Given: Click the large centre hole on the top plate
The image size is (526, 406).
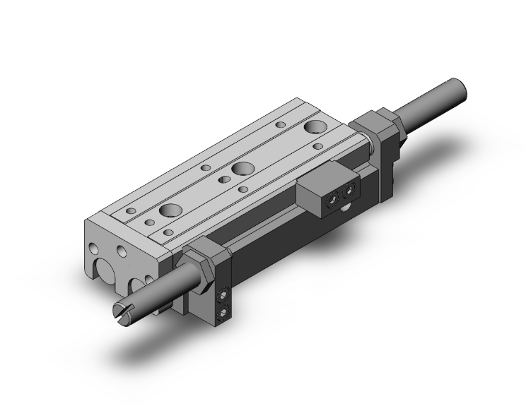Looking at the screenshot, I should (242, 169).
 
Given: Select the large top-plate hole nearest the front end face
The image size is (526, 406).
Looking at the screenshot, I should (170, 210).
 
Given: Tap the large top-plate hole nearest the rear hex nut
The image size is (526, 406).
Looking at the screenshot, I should (314, 128).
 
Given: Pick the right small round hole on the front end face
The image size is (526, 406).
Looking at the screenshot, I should (123, 251).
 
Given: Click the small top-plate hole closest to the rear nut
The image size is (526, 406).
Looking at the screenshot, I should (318, 146).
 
